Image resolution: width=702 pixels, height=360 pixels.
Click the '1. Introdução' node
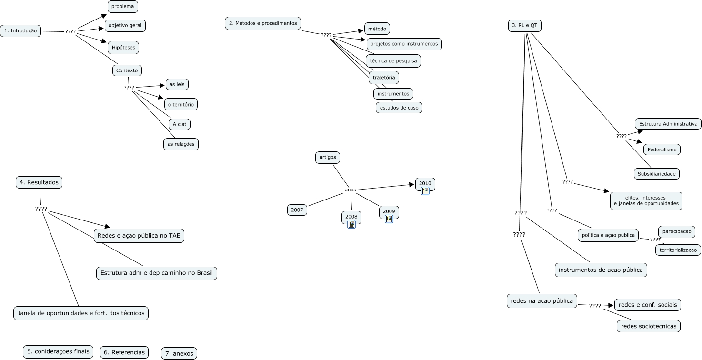tap(20, 31)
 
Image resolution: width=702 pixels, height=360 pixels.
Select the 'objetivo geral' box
tap(125, 25)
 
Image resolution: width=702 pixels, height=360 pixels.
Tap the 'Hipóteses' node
tap(123, 48)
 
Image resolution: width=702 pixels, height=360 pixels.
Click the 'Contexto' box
tap(127, 70)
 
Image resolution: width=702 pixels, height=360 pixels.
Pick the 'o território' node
tap(181, 104)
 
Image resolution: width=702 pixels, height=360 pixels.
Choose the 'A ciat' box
tap(179, 124)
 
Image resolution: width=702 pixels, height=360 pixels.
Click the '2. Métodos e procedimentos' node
tap(263, 23)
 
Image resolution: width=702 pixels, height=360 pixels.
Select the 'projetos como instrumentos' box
tap(404, 44)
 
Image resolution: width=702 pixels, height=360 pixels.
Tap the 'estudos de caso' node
tap(399, 108)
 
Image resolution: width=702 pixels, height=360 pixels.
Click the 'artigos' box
tap(328, 157)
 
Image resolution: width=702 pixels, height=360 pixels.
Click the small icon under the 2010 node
tap(425, 191)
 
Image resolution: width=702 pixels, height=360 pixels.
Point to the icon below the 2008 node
tap(351, 224)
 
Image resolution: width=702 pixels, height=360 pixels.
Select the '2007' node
tap(297, 210)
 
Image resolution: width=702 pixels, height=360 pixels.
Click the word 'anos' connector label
tap(350, 190)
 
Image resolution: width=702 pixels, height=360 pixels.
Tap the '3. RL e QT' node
tap(524, 26)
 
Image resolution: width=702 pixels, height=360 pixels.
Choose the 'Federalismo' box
tap(662, 150)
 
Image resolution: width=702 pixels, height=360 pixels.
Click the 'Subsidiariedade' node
tap(656, 174)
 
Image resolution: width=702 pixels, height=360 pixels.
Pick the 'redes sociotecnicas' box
tap(648, 326)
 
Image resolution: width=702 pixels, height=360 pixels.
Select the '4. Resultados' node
tap(39, 182)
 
